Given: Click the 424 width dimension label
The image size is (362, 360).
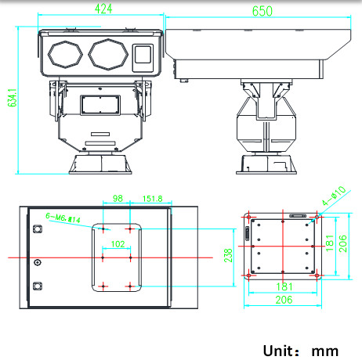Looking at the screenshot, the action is [103, 9].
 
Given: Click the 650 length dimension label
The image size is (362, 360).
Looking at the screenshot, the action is [262, 11].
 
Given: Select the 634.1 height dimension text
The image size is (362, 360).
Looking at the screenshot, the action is [13, 98].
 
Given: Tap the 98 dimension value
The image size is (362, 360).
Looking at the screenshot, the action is [118, 199].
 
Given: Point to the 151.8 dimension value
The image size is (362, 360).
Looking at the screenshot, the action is [153, 199].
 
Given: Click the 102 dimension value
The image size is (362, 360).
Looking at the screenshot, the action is [118, 244].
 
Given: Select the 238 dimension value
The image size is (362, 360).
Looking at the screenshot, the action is [228, 255].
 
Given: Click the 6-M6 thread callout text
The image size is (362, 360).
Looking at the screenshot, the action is [63, 218].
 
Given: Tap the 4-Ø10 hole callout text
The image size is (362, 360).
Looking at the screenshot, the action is [334, 196].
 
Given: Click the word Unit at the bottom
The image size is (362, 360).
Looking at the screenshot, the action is [278, 351].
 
